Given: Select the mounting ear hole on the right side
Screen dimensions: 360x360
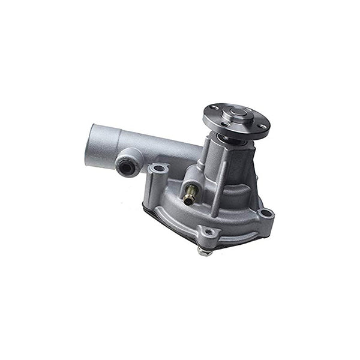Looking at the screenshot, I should [x=266, y=212].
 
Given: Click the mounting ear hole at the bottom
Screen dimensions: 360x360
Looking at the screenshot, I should [x=208, y=232].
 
